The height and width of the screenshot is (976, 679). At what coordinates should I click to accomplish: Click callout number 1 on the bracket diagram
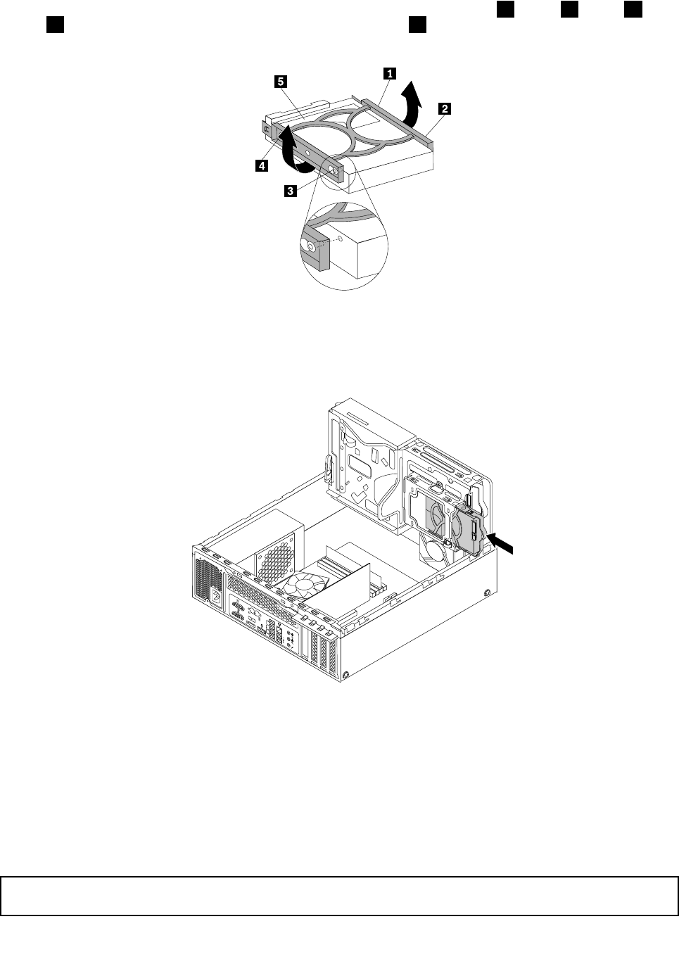click(x=388, y=72)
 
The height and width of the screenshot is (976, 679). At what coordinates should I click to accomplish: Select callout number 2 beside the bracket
click(x=444, y=108)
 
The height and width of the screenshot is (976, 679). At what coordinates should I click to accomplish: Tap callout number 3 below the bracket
click(x=289, y=190)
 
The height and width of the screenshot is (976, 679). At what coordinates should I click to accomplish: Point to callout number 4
click(x=261, y=166)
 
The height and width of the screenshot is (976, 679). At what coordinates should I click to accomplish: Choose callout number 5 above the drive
click(x=280, y=82)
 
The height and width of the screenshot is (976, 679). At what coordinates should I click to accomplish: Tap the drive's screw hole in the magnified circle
click(x=341, y=239)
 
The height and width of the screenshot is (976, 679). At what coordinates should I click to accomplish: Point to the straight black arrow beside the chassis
click(x=492, y=543)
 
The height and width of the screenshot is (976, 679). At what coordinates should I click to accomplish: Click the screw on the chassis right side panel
click(x=488, y=593)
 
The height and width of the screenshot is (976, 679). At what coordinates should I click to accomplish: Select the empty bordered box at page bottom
click(x=339, y=895)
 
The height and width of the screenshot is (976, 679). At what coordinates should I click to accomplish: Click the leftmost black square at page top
click(x=55, y=25)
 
